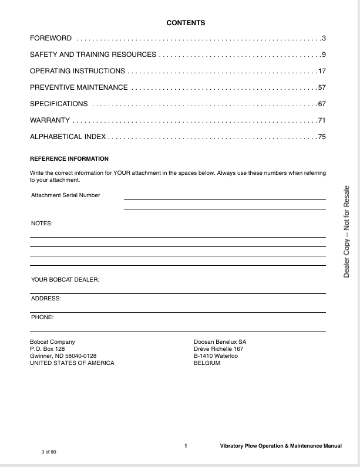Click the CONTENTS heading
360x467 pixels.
tap(186, 23)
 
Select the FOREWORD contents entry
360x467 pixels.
tap(51, 38)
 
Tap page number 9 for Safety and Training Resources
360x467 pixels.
tap(323, 55)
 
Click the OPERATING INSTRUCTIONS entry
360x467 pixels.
tap(77, 71)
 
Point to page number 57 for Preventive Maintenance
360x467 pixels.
tap(321, 87)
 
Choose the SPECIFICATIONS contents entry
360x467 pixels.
tap(59, 104)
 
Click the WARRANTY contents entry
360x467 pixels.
tap(50, 120)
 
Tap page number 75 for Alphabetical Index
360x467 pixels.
tap(321, 137)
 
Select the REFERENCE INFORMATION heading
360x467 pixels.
tap(69, 159)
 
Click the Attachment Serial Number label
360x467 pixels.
tap(66, 195)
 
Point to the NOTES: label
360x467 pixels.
tap(42, 224)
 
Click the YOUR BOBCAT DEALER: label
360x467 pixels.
tap(65, 280)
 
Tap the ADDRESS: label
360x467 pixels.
tap(46, 299)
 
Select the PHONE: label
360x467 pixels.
tap(42, 317)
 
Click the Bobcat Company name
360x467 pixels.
tap(52, 341)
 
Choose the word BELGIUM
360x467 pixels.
tap(207, 363)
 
